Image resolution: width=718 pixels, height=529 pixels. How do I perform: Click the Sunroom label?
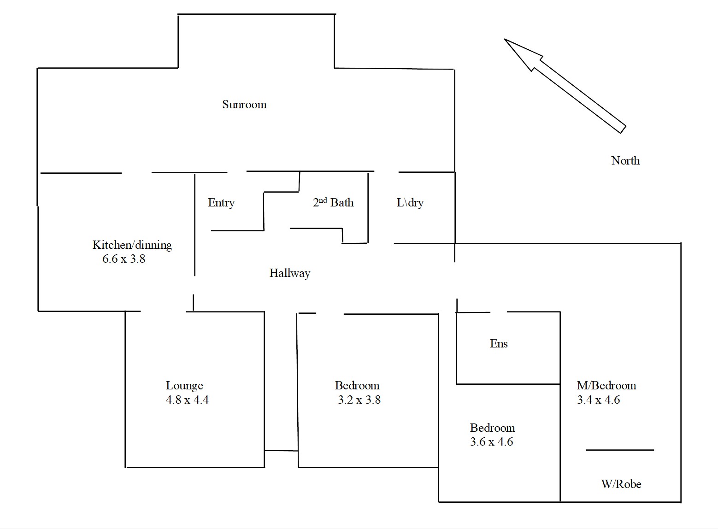(x=244, y=105)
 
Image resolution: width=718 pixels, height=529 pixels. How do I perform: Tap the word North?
(x=625, y=161)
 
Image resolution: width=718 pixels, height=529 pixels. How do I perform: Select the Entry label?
(x=221, y=203)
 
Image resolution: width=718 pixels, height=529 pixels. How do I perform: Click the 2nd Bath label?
(x=333, y=202)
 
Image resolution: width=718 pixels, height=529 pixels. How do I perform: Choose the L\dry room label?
(x=410, y=203)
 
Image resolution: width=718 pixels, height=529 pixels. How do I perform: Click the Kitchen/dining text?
(x=132, y=245)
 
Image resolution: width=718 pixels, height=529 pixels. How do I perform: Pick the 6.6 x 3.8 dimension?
(x=124, y=259)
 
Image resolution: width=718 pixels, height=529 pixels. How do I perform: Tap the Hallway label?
(x=289, y=273)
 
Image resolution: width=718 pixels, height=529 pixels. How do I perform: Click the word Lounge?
(x=184, y=386)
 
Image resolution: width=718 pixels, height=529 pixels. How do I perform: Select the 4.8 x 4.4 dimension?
(x=187, y=400)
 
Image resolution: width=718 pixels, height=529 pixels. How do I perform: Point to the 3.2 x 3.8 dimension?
(x=359, y=400)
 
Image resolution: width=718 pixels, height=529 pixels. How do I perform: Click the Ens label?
(x=499, y=344)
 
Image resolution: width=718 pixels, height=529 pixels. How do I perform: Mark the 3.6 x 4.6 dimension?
(x=491, y=442)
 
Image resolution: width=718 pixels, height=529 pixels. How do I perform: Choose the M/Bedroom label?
(x=606, y=386)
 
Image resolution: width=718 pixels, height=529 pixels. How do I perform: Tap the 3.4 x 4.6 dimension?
(x=598, y=400)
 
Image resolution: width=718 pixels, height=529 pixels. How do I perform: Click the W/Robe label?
(x=621, y=484)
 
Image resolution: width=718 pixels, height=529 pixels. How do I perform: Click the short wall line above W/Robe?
(x=620, y=450)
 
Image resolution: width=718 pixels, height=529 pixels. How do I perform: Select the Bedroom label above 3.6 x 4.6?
(x=492, y=428)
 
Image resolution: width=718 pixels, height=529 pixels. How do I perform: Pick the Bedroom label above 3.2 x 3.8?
(x=357, y=386)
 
